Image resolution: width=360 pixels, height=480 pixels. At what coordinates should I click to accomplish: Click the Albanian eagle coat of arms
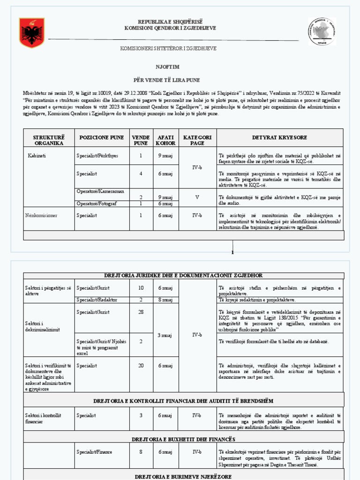tap(32, 33)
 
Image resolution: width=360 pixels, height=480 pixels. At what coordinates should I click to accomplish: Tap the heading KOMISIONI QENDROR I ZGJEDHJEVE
tap(170, 28)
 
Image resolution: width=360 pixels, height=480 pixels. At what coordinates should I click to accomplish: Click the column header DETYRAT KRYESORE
tap(279, 137)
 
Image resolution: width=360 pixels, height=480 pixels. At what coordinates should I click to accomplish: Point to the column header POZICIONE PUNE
tap(102, 137)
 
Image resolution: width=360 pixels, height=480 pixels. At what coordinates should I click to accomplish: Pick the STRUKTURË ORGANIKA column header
tap(49, 140)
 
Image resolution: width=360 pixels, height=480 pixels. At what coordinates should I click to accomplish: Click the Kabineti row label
tap(37, 154)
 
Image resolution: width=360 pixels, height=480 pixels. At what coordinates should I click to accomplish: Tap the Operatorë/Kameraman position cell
tap(100, 191)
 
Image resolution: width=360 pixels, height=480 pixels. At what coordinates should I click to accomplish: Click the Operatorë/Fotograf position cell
tap(97, 203)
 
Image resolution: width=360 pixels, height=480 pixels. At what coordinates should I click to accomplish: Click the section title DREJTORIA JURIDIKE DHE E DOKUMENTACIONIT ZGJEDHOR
tap(183, 275)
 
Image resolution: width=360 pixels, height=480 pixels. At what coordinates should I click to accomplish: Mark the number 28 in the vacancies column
tap(141, 312)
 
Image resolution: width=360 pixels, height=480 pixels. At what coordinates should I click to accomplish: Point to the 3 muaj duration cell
tap(166, 335)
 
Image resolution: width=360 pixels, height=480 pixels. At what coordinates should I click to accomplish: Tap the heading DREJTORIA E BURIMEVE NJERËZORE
tap(183, 476)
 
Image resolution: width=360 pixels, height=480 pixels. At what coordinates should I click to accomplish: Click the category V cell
tap(197, 197)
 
